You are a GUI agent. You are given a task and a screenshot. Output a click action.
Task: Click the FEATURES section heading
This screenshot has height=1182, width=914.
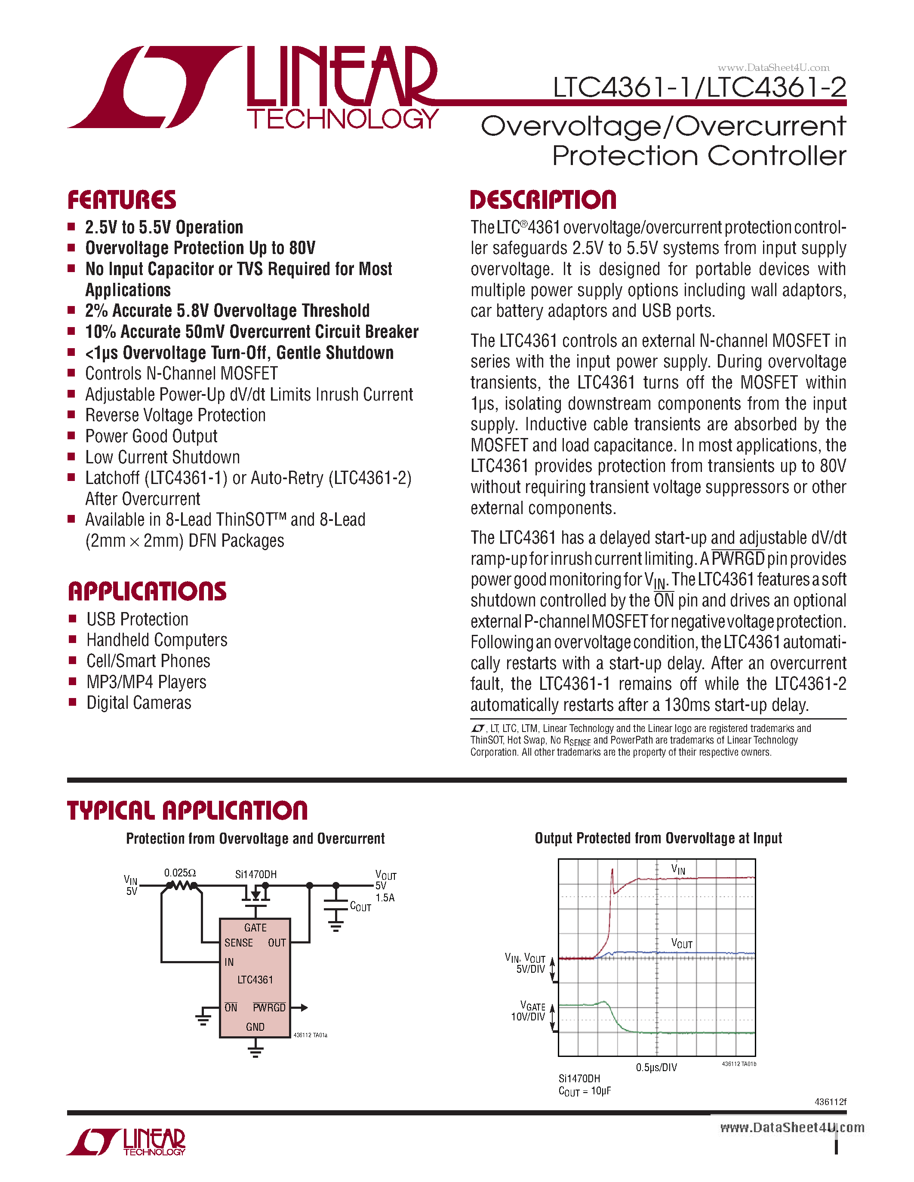click(x=121, y=200)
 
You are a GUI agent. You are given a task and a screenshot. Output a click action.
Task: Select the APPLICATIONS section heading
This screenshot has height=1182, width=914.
click(x=147, y=591)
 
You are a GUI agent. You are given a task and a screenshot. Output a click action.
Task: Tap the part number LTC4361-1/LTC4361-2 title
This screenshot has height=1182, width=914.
click(x=699, y=88)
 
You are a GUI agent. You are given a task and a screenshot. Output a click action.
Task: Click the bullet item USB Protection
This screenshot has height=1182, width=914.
click(x=138, y=619)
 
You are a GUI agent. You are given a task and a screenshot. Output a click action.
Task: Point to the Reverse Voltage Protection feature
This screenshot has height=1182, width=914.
click(x=175, y=415)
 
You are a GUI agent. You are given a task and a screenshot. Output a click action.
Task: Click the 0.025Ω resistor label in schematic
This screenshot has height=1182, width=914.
click(x=180, y=873)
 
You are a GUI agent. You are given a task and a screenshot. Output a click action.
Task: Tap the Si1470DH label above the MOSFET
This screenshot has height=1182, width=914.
click(x=255, y=874)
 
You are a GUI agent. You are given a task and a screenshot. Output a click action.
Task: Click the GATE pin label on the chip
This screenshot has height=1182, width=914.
click(x=255, y=928)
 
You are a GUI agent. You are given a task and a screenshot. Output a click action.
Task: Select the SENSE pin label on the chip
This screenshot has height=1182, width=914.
click(x=238, y=943)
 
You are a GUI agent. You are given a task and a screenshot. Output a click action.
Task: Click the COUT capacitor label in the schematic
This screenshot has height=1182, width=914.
click(x=360, y=906)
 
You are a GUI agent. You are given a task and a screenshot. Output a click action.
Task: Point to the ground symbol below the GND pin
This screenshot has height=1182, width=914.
click(x=255, y=1052)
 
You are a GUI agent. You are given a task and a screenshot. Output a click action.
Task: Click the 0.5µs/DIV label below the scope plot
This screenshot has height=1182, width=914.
click(x=656, y=1067)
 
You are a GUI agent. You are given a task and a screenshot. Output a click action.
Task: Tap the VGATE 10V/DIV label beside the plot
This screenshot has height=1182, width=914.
click(x=529, y=1011)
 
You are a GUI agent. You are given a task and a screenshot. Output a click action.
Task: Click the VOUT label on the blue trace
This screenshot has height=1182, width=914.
click(x=681, y=943)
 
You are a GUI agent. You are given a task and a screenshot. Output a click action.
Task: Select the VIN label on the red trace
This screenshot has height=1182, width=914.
click(x=678, y=869)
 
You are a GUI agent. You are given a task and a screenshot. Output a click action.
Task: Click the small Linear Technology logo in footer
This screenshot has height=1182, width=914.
click(x=126, y=1142)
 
